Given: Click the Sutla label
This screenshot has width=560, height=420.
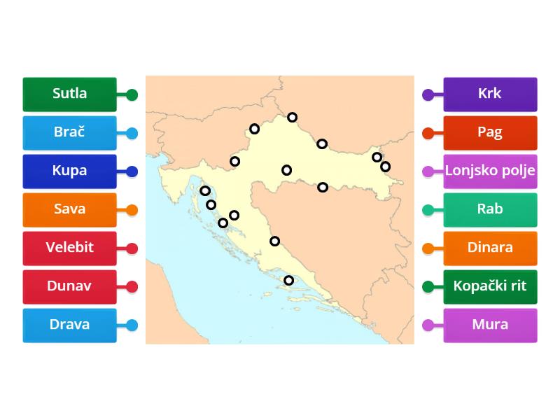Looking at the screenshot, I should click(x=69, y=94).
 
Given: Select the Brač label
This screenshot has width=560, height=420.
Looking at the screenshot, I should click(x=69, y=132).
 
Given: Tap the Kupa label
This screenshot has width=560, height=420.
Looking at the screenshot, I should click(x=69, y=171).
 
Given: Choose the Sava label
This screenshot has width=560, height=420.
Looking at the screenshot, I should click(x=69, y=209).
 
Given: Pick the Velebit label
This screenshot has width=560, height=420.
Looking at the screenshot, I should click(x=69, y=248).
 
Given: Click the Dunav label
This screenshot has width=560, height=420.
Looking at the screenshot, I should click(x=69, y=286).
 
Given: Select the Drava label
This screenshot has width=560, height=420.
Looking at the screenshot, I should click(x=69, y=325).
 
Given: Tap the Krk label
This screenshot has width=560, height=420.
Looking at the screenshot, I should click(x=490, y=94).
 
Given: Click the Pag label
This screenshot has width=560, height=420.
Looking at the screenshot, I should click(x=490, y=132).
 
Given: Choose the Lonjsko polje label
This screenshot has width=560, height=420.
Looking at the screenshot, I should click(x=490, y=171).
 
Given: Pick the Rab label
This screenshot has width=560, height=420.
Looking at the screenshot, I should click(x=490, y=209).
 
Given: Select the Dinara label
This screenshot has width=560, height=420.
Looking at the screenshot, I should click(x=490, y=248).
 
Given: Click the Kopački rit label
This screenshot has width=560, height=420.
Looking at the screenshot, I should click(x=490, y=286).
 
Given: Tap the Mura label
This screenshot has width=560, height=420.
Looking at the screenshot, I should click(x=490, y=325).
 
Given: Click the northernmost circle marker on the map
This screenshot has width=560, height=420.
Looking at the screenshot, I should click(x=292, y=118).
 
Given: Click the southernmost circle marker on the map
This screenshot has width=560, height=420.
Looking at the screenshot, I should click(x=288, y=281).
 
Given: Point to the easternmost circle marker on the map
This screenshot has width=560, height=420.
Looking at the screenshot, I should click(x=385, y=167).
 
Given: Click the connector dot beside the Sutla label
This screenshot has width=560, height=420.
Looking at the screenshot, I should click(x=132, y=94).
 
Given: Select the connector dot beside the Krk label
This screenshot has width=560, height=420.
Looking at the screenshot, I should click(x=428, y=94).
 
